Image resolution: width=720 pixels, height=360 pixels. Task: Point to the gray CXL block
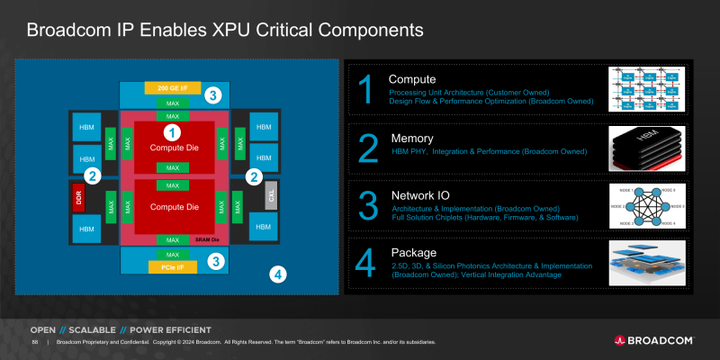271,196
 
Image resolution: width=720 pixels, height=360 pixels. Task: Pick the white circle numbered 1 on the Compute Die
176,132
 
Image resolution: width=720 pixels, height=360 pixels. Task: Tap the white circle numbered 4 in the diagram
279,274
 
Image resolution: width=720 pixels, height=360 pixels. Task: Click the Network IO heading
421,195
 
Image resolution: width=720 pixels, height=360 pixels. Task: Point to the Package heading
413,253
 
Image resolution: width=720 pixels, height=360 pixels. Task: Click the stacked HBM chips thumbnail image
646,148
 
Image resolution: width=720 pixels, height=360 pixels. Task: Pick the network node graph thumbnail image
646,206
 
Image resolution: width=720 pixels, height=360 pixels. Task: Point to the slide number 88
34,343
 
